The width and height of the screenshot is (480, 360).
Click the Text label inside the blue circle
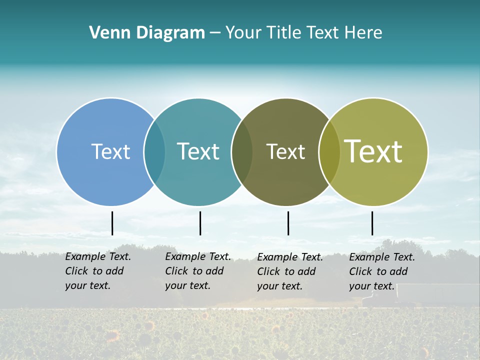tap(110, 151)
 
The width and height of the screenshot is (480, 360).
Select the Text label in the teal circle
tap(198, 151)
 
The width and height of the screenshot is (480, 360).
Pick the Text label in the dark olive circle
tap(285, 151)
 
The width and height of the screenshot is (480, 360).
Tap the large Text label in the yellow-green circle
tap(373, 151)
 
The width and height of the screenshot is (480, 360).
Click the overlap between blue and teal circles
tap(154, 151)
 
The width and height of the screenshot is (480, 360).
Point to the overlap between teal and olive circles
tap(242, 151)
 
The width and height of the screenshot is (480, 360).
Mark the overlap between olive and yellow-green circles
tap(329, 151)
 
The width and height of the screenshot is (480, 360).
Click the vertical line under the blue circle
tap(112, 223)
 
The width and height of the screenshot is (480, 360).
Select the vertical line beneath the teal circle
tap(200, 223)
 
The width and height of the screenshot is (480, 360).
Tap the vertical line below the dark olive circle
tap(288, 223)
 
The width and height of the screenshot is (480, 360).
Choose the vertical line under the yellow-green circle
tap(372, 223)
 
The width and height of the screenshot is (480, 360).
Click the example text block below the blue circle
tap(97, 271)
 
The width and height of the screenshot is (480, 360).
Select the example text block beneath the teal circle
tap(197, 271)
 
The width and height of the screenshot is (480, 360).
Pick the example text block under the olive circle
tap(289, 271)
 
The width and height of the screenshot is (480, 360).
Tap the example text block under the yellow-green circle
tap(381, 271)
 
